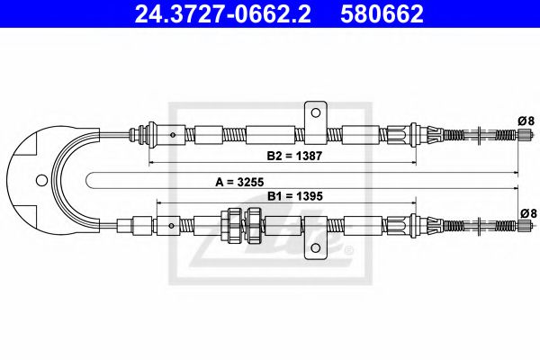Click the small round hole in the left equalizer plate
(x=40, y=179)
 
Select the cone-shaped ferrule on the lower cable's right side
(x=427, y=225)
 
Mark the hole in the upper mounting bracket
(x=315, y=111)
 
